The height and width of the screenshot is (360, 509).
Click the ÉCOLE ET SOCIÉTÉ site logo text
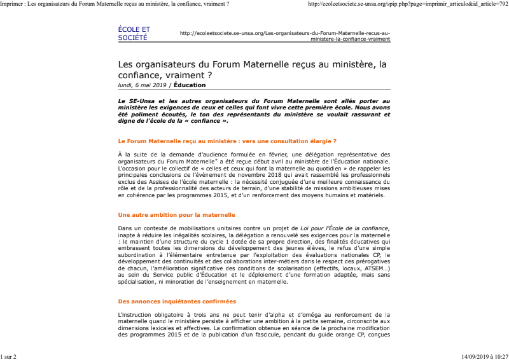[x=134, y=33]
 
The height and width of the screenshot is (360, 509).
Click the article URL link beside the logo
[x=285, y=36]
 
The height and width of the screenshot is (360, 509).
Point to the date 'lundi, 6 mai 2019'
[x=142, y=85]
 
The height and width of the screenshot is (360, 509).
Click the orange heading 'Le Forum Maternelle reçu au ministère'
[x=227, y=140]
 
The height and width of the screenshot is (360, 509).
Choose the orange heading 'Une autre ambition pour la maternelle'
[x=176, y=215]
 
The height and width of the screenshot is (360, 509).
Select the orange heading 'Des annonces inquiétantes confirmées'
[x=177, y=301]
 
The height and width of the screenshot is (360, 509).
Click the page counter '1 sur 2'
[x=8, y=357]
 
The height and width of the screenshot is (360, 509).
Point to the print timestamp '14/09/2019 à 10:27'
[x=484, y=357]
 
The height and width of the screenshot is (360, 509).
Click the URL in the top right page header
[x=408, y=4]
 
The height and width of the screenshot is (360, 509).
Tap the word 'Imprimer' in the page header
[x=11, y=4]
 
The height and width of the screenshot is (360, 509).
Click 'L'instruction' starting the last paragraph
[x=133, y=315]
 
